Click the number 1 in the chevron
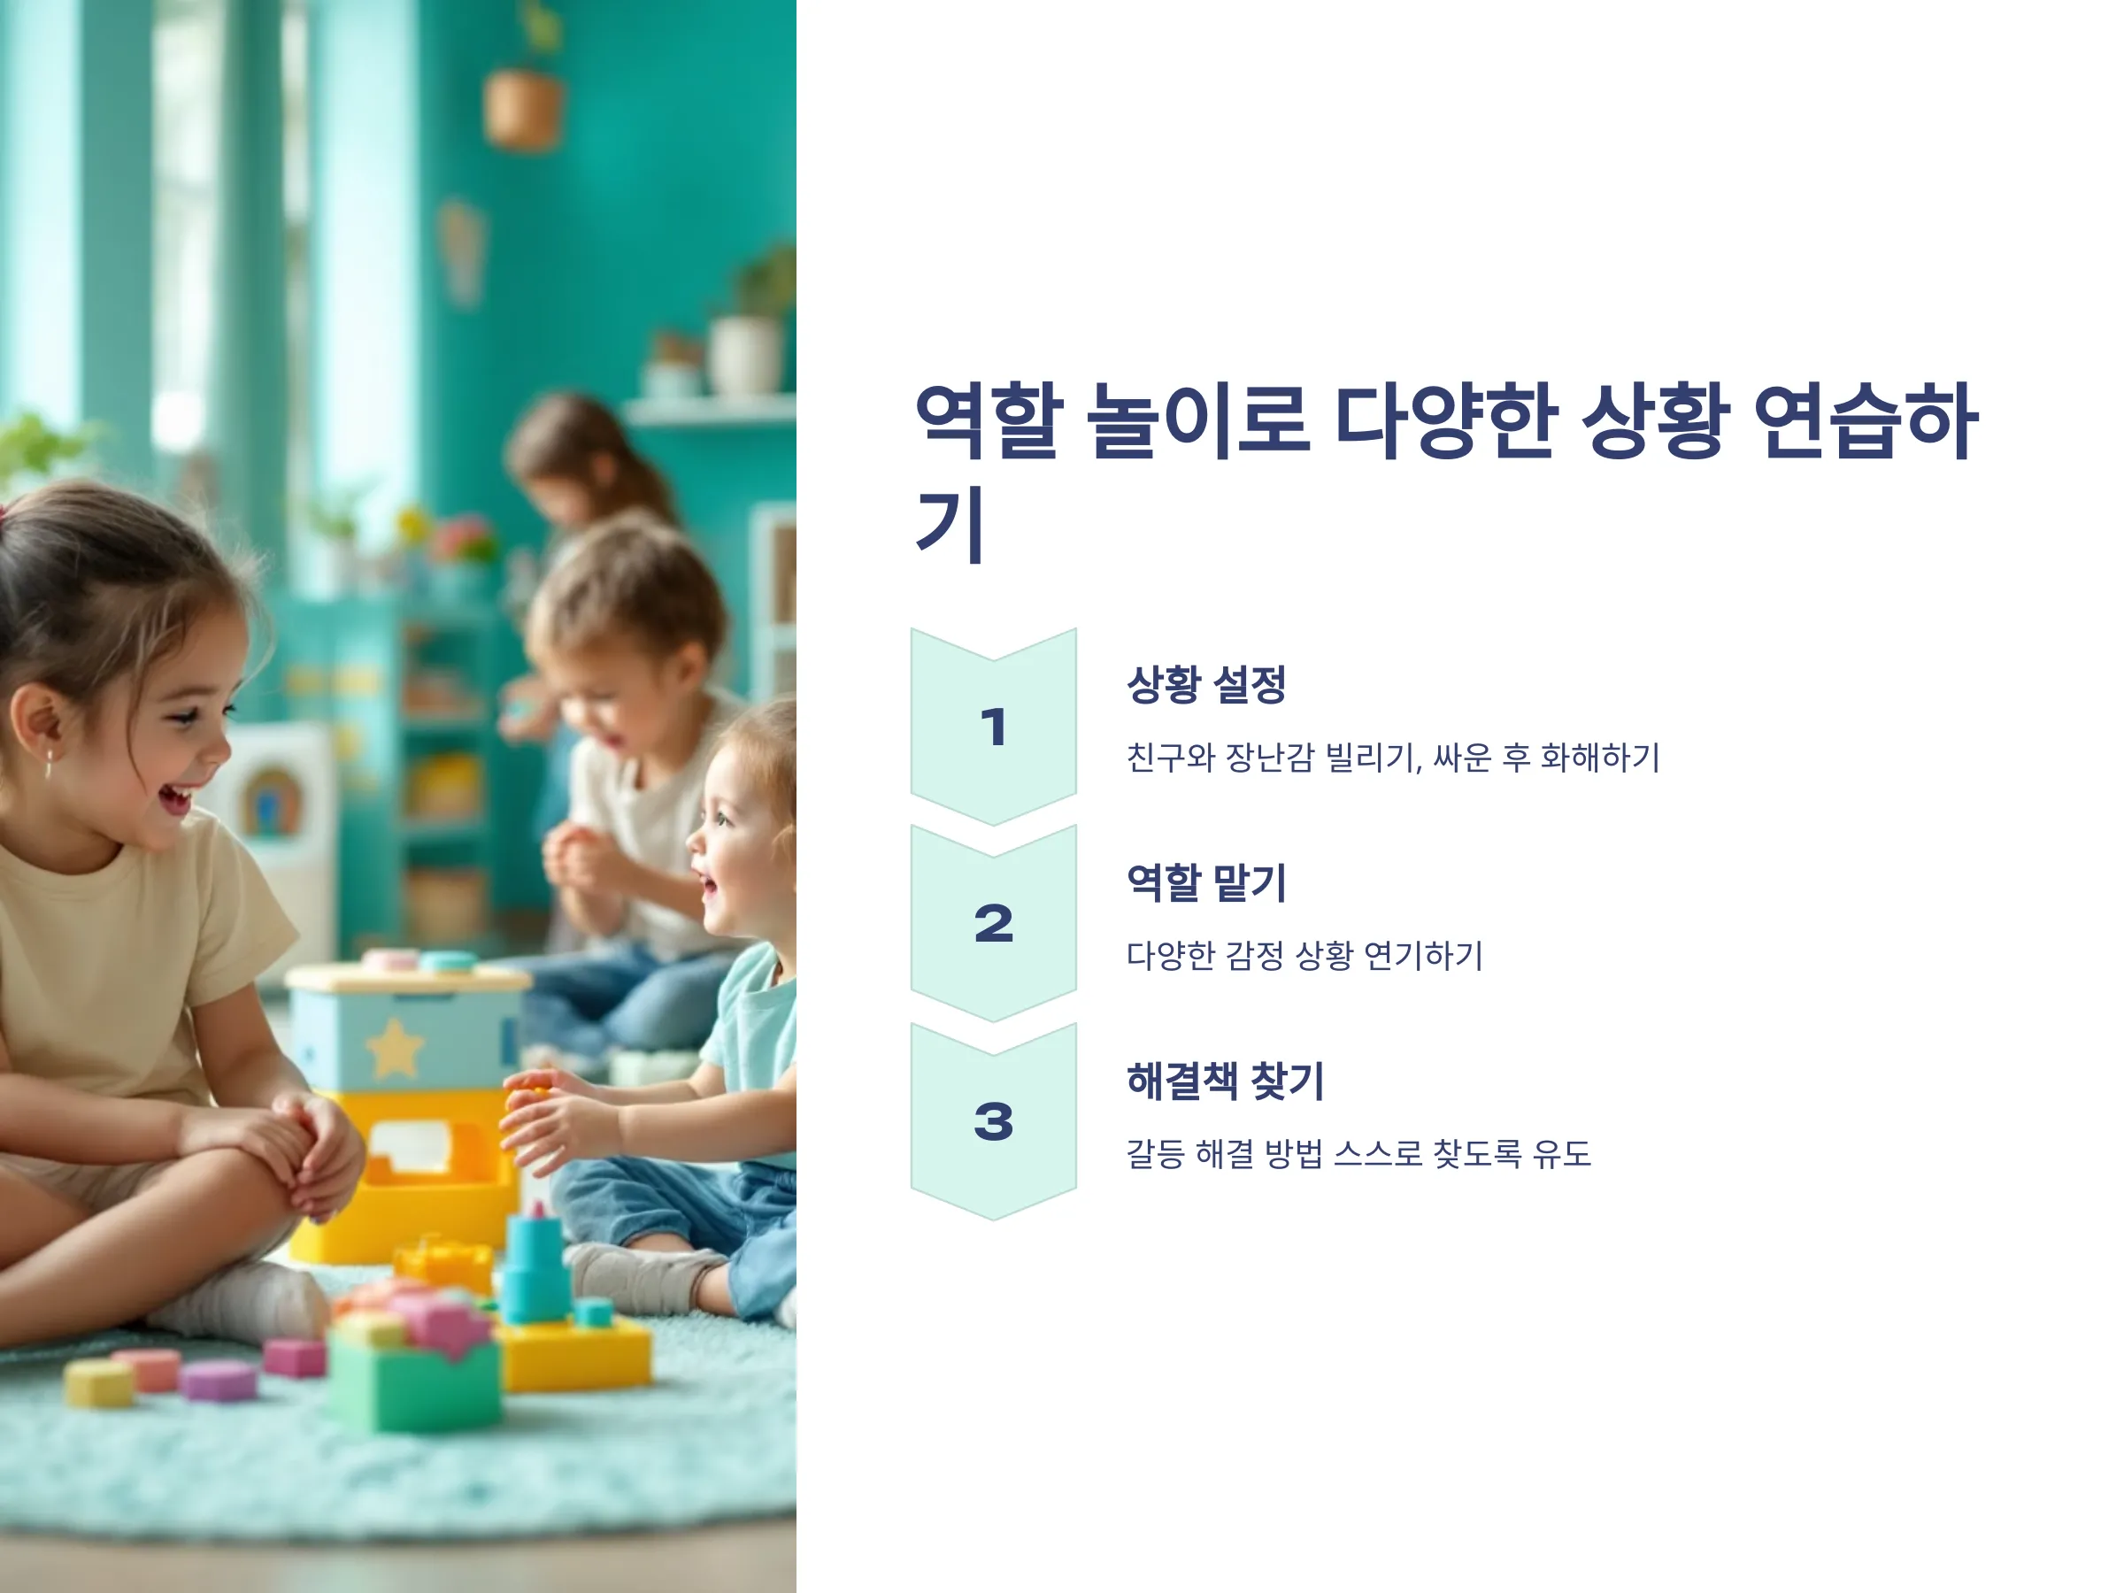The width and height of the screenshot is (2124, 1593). pyautogui.click(x=994, y=727)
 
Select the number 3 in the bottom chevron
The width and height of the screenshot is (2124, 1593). pyautogui.click(x=994, y=1121)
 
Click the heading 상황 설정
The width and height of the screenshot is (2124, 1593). pyautogui.click(x=1206, y=685)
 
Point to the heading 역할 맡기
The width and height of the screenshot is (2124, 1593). pyautogui.click(x=1206, y=882)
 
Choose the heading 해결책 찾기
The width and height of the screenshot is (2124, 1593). pyautogui.click(x=1225, y=1081)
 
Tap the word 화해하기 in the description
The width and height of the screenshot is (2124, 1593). pyautogui.click(x=1600, y=758)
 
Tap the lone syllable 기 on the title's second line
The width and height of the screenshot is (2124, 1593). pyautogui.click(x=950, y=524)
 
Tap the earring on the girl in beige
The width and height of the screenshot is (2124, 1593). pyautogui.click(x=48, y=765)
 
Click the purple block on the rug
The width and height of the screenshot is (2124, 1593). pyautogui.click(x=219, y=1381)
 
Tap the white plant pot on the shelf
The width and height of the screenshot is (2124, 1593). pyautogui.click(x=744, y=354)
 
